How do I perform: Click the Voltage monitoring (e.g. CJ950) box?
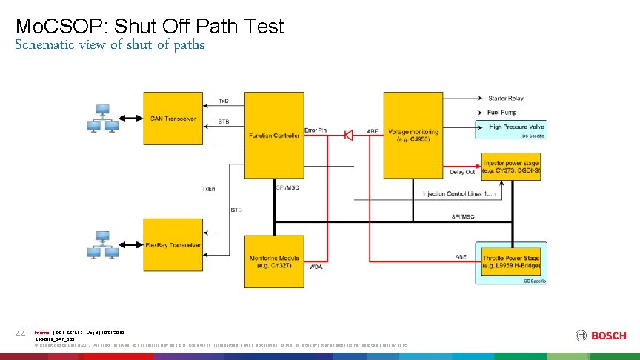coord(413,133)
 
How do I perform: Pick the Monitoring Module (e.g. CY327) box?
coord(273,260)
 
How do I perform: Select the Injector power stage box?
coord(510,167)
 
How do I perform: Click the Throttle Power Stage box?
coord(510,261)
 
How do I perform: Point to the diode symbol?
coord(347,135)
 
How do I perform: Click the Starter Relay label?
coord(506,98)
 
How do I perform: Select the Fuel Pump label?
coord(501,113)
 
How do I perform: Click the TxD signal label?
coord(224,100)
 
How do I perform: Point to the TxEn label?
coord(210,189)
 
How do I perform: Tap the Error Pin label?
coord(315,130)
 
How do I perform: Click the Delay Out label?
coord(461,172)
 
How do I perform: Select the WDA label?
coord(316,266)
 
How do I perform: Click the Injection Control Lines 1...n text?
coord(459,194)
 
